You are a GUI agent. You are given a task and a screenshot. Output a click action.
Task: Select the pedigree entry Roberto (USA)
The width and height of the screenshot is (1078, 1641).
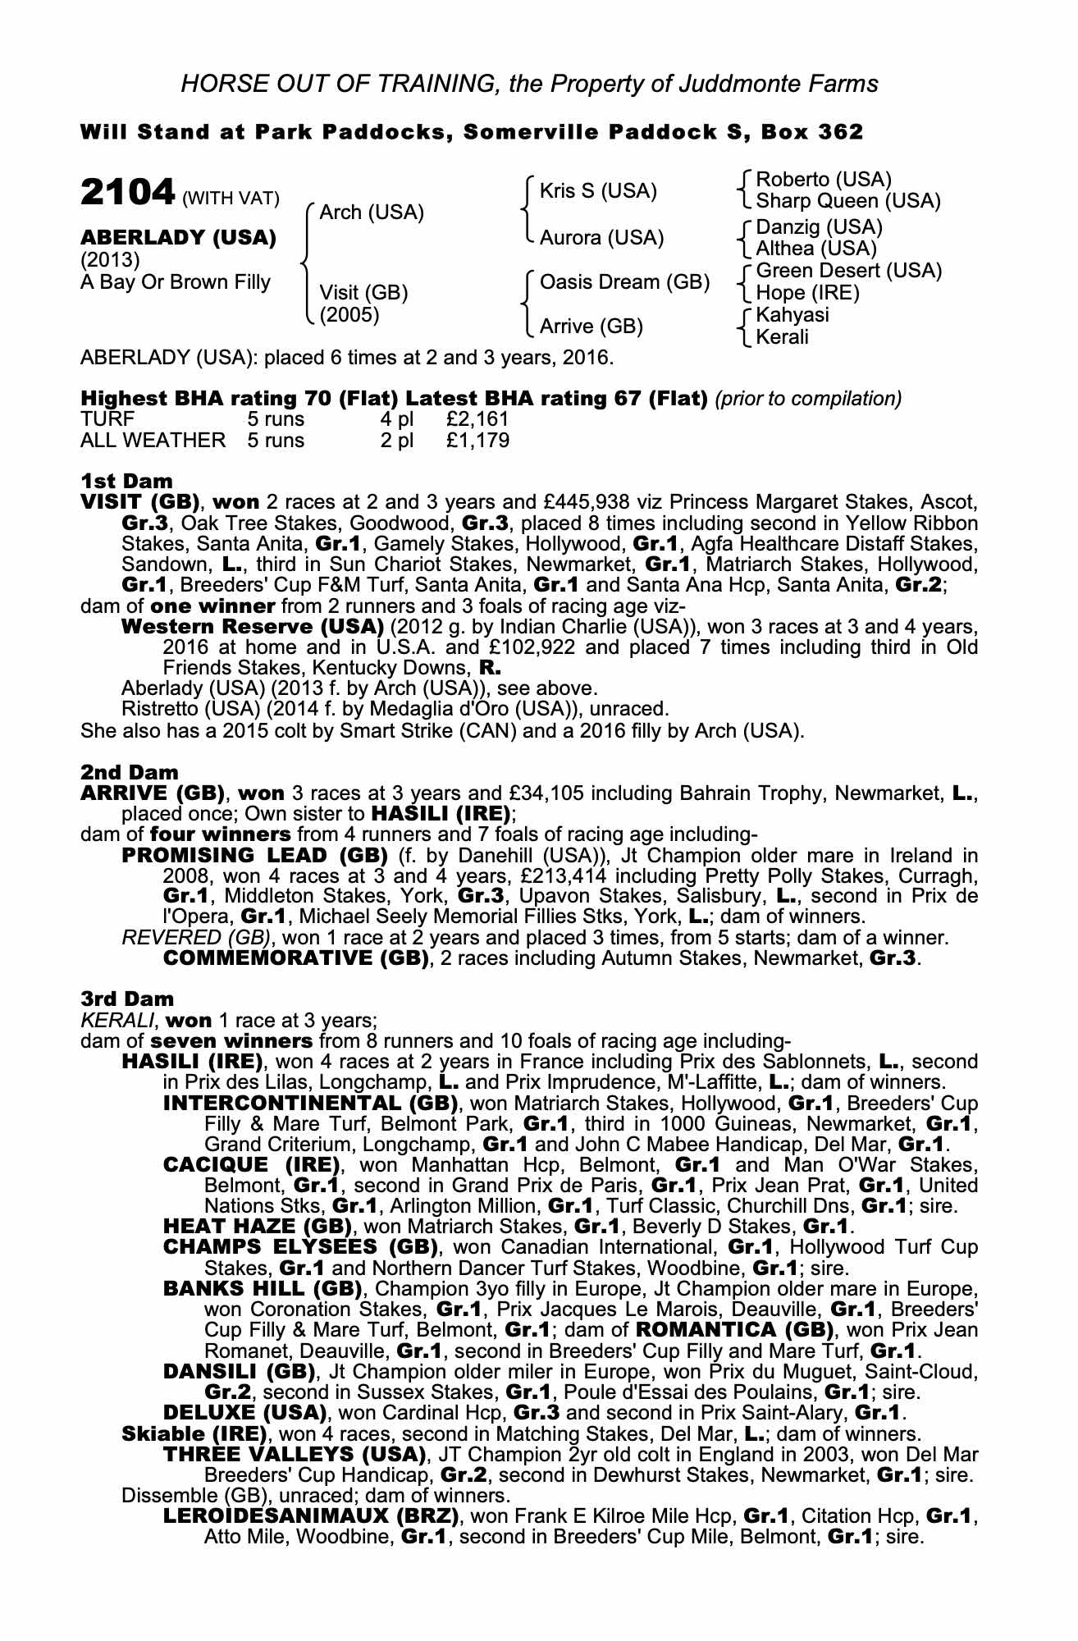tap(823, 180)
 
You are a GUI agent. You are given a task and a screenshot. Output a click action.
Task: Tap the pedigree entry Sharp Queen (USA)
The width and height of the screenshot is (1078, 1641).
tap(847, 201)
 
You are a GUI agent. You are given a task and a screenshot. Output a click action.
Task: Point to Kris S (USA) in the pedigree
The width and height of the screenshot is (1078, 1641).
tap(598, 191)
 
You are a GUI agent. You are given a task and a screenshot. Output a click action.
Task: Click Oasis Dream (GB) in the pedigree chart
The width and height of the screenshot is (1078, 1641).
tap(624, 282)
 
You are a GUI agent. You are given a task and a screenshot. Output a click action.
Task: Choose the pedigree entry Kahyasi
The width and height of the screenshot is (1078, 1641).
tap(793, 315)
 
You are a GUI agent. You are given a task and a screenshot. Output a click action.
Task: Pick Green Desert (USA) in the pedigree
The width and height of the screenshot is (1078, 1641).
tap(848, 271)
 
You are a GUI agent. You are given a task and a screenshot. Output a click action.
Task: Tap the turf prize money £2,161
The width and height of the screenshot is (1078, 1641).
tap(477, 419)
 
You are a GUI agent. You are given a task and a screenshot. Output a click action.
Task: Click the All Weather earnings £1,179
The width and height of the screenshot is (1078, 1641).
tap(477, 441)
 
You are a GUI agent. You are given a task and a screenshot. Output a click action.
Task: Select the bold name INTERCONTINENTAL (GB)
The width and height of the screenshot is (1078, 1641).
tap(311, 1103)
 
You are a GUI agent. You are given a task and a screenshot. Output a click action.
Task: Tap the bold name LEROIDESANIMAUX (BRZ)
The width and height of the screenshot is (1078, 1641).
tap(311, 1516)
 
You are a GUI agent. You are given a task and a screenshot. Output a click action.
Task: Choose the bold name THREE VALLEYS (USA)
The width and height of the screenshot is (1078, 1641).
tap(295, 1455)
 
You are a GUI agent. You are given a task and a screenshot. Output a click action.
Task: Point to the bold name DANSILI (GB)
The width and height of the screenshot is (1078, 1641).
tap(240, 1372)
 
